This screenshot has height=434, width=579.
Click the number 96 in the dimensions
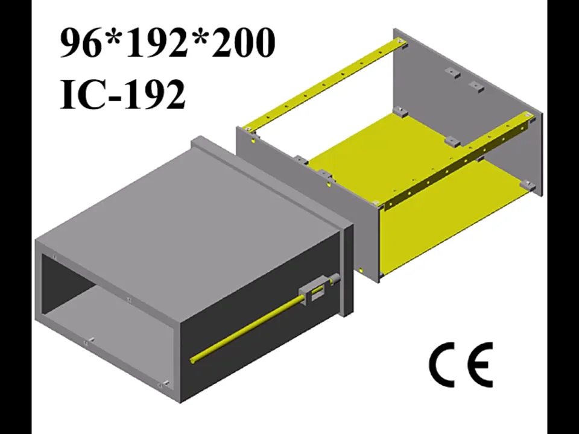tap(80, 43)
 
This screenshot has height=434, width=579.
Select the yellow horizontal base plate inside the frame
tap(386, 151)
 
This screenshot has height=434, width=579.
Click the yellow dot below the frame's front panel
tap(360, 269)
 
